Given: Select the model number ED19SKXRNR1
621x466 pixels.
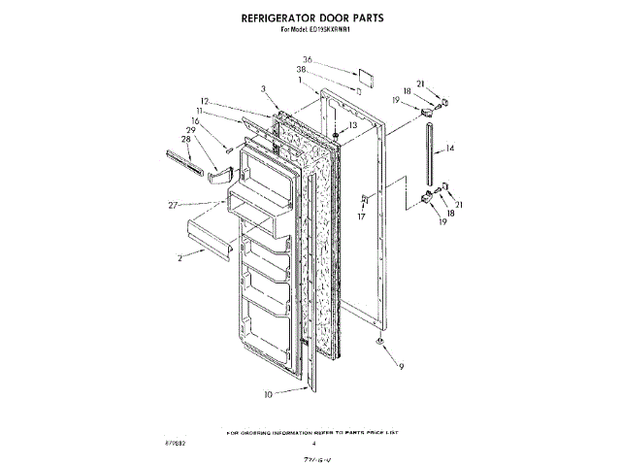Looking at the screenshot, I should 336,29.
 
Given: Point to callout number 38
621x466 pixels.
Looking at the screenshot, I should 304,70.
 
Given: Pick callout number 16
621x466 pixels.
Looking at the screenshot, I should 194,121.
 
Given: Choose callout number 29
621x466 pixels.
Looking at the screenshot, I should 191,130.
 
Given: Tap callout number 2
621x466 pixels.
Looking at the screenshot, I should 180,259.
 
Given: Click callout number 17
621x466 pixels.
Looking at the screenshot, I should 362,217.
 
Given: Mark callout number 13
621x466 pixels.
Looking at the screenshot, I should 352,126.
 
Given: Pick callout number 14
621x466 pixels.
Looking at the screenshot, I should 450,150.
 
